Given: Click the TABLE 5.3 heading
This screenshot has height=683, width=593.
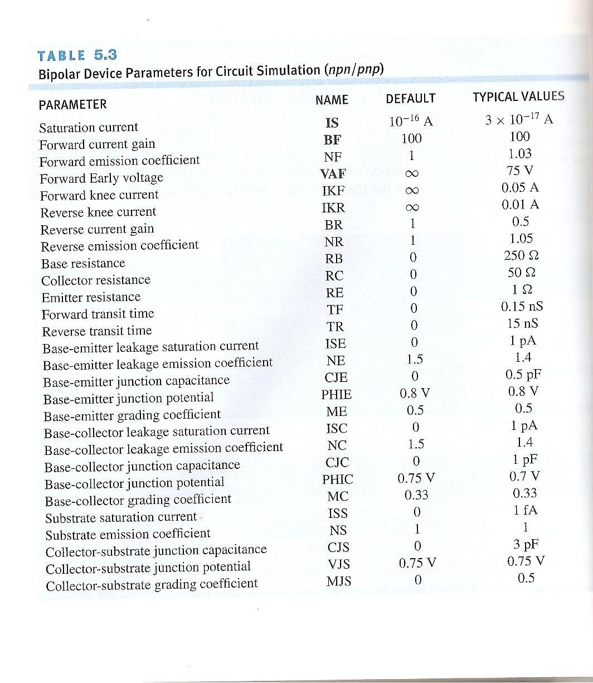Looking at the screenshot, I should [77, 56].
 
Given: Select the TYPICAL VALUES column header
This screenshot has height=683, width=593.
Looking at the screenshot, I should [518, 96].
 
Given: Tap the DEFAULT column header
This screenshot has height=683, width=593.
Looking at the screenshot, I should [410, 99].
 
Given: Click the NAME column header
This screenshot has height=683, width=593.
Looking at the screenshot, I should [332, 100].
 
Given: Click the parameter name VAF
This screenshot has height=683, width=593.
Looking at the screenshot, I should [334, 174].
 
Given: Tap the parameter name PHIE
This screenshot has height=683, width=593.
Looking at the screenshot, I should [336, 395].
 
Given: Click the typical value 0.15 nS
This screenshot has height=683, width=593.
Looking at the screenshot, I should [522, 307].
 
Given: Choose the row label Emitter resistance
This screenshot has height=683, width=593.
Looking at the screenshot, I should [91, 297].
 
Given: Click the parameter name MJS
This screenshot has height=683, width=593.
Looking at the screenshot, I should [339, 581].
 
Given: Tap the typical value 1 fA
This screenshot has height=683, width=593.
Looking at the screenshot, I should [524, 510].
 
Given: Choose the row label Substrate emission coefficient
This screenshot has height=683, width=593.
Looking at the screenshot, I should [128, 534].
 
